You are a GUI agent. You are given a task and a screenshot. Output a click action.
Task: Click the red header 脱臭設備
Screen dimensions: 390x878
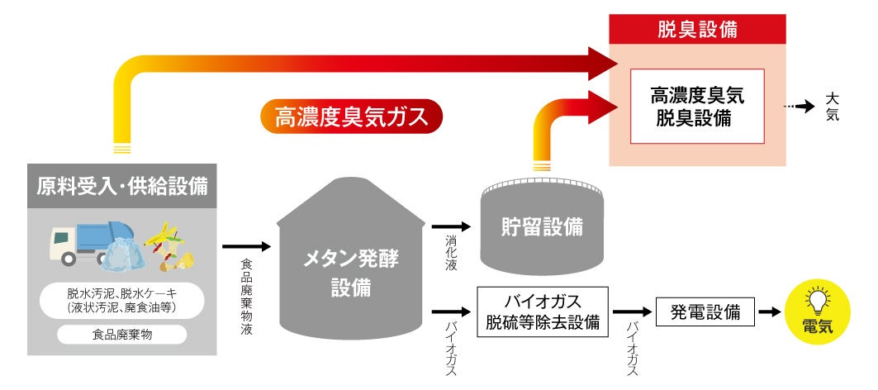(x=697, y=31)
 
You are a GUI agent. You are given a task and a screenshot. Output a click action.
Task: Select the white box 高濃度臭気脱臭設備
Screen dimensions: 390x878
(x=697, y=106)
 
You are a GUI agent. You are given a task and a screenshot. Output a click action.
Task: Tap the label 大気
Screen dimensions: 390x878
(x=832, y=107)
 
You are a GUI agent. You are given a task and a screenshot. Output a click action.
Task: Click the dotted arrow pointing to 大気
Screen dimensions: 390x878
(x=799, y=107)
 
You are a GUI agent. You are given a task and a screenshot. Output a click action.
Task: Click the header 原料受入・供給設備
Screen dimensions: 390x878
(x=121, y=187)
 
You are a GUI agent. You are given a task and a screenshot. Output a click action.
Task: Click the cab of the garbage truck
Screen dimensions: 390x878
(x=62, y=245)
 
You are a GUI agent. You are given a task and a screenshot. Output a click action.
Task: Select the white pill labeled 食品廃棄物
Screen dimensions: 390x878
(x=121, y=335)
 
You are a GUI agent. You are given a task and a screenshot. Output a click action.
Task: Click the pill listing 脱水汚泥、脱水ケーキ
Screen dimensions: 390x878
(x=121, y=301)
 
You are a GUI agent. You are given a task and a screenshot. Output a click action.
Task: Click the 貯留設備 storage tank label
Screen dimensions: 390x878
(x=541, y=225)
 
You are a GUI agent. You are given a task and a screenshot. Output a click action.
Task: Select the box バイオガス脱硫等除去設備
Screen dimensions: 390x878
(x=543, y=312)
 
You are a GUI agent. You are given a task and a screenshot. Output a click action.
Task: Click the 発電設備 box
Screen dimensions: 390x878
(x=705, y=312)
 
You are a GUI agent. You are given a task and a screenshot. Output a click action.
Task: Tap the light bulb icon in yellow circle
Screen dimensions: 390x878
(x=818, y=299)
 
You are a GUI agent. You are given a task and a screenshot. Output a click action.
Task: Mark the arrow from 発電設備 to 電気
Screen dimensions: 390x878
(x=769, y=312)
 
